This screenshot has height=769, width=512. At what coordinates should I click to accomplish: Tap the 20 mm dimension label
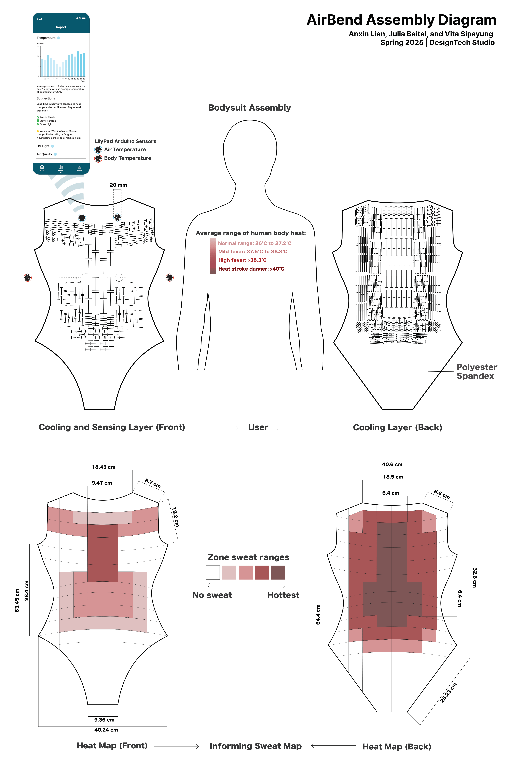pos(118,185)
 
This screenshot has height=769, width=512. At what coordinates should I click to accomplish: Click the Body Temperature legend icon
pos(98,158)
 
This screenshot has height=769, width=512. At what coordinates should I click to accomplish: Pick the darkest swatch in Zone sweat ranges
pos(278,572)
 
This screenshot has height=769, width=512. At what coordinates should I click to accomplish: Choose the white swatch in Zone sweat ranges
pos(213,572)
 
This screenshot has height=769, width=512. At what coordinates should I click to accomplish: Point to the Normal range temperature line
pos(255,243)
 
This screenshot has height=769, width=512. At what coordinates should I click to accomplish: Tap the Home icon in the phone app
pos(42,168)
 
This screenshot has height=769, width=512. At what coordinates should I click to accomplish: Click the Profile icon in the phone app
pos(79,168)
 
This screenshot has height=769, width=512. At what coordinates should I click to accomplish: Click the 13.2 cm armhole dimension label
pos(175,517)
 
